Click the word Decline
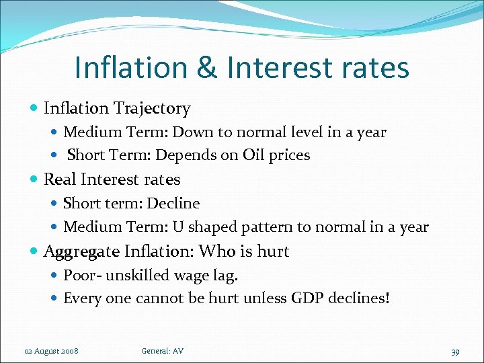click(x=173, y=203)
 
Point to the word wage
click(x=188, y=275)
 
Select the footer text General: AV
click(x=162, y=351)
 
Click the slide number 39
click(x=455, y=352)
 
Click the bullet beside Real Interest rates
click(x=34, y=180)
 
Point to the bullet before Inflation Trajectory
click(x=34, y=108)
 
